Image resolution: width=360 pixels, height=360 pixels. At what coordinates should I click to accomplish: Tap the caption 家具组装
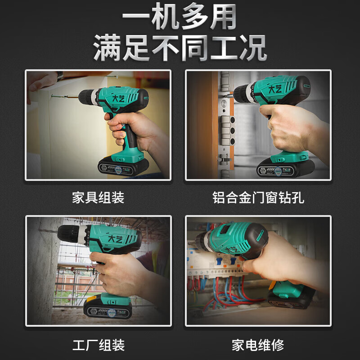pos(98,198)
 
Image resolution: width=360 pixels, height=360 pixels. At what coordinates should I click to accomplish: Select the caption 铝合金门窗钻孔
pos(258,198)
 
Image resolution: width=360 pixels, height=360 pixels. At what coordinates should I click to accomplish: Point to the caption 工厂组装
pos(98,345)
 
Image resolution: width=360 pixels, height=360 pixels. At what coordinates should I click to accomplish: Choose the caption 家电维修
pos(258,345)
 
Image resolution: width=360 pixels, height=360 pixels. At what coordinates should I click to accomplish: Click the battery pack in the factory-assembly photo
pos(108,308)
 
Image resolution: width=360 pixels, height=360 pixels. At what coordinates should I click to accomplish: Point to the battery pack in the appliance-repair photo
pos(292,297)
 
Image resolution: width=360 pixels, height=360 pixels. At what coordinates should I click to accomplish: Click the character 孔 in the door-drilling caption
pos(298,198)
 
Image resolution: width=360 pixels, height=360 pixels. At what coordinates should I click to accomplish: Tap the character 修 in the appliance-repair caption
pos(278,345)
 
